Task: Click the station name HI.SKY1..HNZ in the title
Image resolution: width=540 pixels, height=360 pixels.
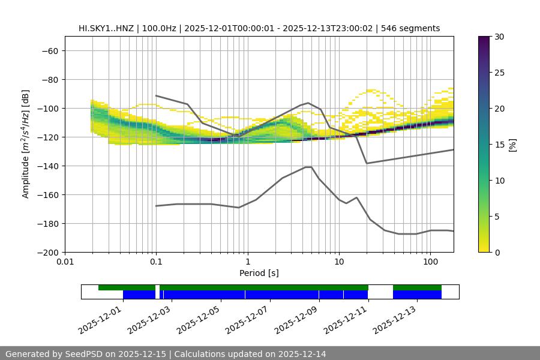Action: pyautogui.click(x=107, y=28)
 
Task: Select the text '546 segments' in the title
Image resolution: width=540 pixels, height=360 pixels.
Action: pyautogui.click(x=413, y=28)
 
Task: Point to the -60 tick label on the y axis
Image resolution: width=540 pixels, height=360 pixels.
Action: pyautogui.click(x=49, y=50)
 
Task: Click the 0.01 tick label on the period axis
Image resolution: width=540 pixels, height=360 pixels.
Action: pyautogui.click(x=65, y=262)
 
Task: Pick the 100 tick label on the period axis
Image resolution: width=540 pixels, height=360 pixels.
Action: pyautogui.click(x=430, y=262)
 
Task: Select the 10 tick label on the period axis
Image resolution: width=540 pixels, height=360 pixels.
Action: pyautogui.click(x=339, y=262)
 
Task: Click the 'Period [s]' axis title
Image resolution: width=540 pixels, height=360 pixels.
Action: pyautogui.click(x=259, y=273)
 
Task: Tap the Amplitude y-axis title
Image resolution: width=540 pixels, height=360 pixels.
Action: pyautogui.click(x=26, y=144)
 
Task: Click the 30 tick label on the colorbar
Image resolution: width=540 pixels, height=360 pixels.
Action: pyautogui.click(x=499, y=37)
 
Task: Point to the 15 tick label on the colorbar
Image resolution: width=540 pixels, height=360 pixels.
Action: pyautogui.click(x=499, y=145)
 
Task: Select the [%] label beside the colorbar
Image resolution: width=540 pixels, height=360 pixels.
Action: pyautogui.click(x=512, y=145)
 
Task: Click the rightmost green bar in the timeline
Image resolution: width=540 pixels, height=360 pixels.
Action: pyautogui.click(x=417, y=287)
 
